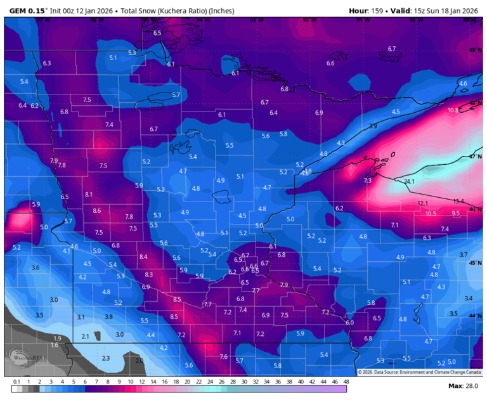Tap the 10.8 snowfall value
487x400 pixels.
(x=453, y=110)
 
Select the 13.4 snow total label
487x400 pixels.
(x=458, y=201)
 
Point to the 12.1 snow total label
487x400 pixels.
(x=423, y=203)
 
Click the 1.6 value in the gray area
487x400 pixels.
(x=55, y=345)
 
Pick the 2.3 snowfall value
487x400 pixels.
(x=106, y=358)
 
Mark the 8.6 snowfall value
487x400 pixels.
(x=96, y=210)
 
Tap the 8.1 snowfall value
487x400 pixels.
(x=89, y=194)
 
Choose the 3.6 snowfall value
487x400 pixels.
(x=36, y=268)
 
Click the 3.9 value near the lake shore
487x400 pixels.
(x=373, y=127)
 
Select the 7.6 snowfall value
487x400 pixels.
(x=223, y=357)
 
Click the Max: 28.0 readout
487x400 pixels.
(x=462, y=385)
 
